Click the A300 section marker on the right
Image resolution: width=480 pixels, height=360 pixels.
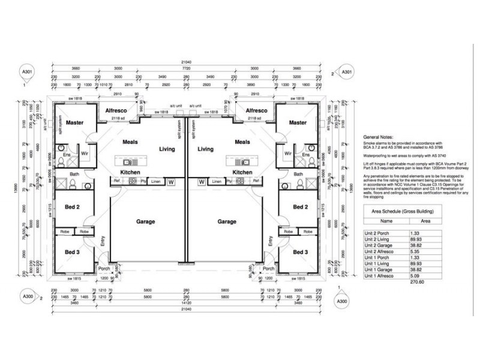(341, 301)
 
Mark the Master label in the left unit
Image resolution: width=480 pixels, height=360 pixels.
(75, 122)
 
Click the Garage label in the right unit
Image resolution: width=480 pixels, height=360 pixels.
(227, 221)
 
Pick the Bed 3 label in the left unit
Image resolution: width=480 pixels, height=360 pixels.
(72, 252)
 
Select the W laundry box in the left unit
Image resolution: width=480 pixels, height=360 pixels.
(170, 181)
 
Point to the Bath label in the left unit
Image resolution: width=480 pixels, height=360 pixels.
(73, 174)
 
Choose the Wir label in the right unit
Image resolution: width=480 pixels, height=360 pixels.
(288, 154)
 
